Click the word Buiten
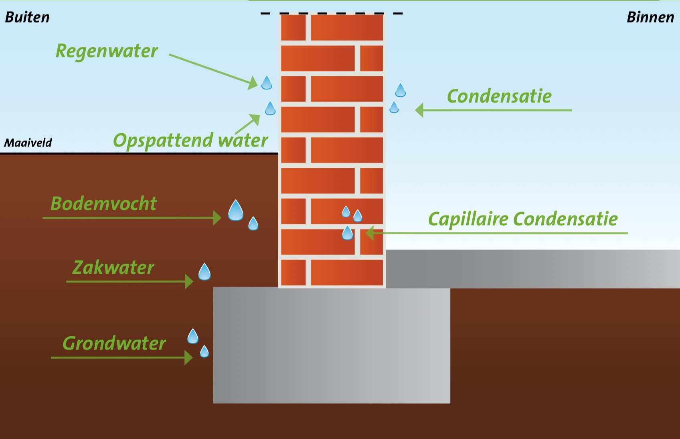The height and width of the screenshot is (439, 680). click(27, 17)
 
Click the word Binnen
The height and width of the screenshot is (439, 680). click(650, 17)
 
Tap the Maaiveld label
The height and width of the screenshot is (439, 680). click(28, 142)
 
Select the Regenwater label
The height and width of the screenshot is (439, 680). click(107, 51)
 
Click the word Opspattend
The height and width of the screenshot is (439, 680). click(163, 140)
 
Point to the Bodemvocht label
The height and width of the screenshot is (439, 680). click(103, 203)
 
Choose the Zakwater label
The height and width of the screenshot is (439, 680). click(113, 268)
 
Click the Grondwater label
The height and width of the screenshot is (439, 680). click(114, 343)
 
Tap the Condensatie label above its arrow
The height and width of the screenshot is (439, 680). click(499, 96)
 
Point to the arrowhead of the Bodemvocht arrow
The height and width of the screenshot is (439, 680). click(217, 218)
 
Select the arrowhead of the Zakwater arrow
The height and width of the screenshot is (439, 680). click(189, 282)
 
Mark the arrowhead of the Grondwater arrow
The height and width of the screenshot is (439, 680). click(188, 358)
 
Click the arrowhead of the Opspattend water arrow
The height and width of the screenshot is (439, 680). click(255, 119)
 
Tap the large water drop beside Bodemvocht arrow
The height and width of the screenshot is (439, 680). click(236, 211)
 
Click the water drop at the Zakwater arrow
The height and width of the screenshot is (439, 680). click(204, 272)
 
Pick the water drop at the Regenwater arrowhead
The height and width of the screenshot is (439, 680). click(267, 83)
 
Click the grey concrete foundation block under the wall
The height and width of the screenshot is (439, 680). click(331, 345)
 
